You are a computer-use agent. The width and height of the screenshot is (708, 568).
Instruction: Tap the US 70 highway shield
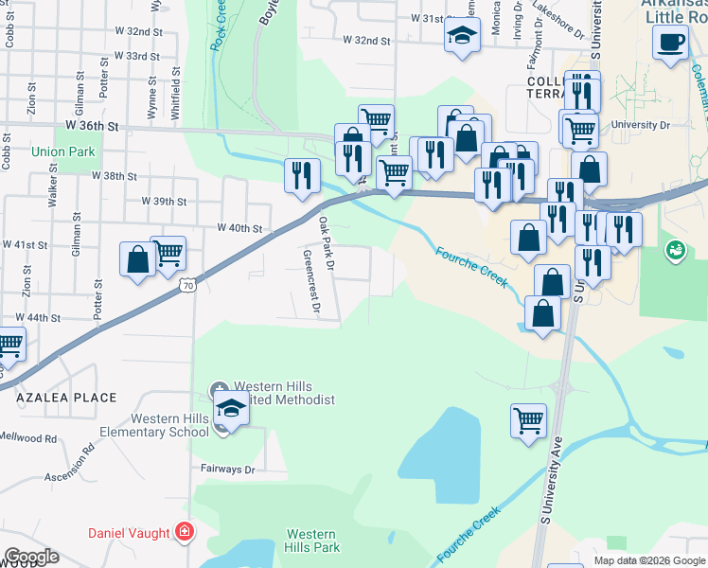(189, 285)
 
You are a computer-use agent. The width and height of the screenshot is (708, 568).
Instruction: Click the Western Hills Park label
(312, 541)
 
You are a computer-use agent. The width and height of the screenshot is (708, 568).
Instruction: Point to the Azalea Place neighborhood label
(66, 399)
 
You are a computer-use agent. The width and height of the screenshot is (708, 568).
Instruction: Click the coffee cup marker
(670, 43)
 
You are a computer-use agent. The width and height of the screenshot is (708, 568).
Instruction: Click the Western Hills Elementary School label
(169, 425)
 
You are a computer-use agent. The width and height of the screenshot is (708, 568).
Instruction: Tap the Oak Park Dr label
(327, 243)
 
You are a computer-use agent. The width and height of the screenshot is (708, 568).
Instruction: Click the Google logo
(31, 557)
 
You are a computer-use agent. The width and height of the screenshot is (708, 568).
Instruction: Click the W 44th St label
(39, 318)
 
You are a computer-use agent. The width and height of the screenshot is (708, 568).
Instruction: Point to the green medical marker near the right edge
(674, 250)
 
